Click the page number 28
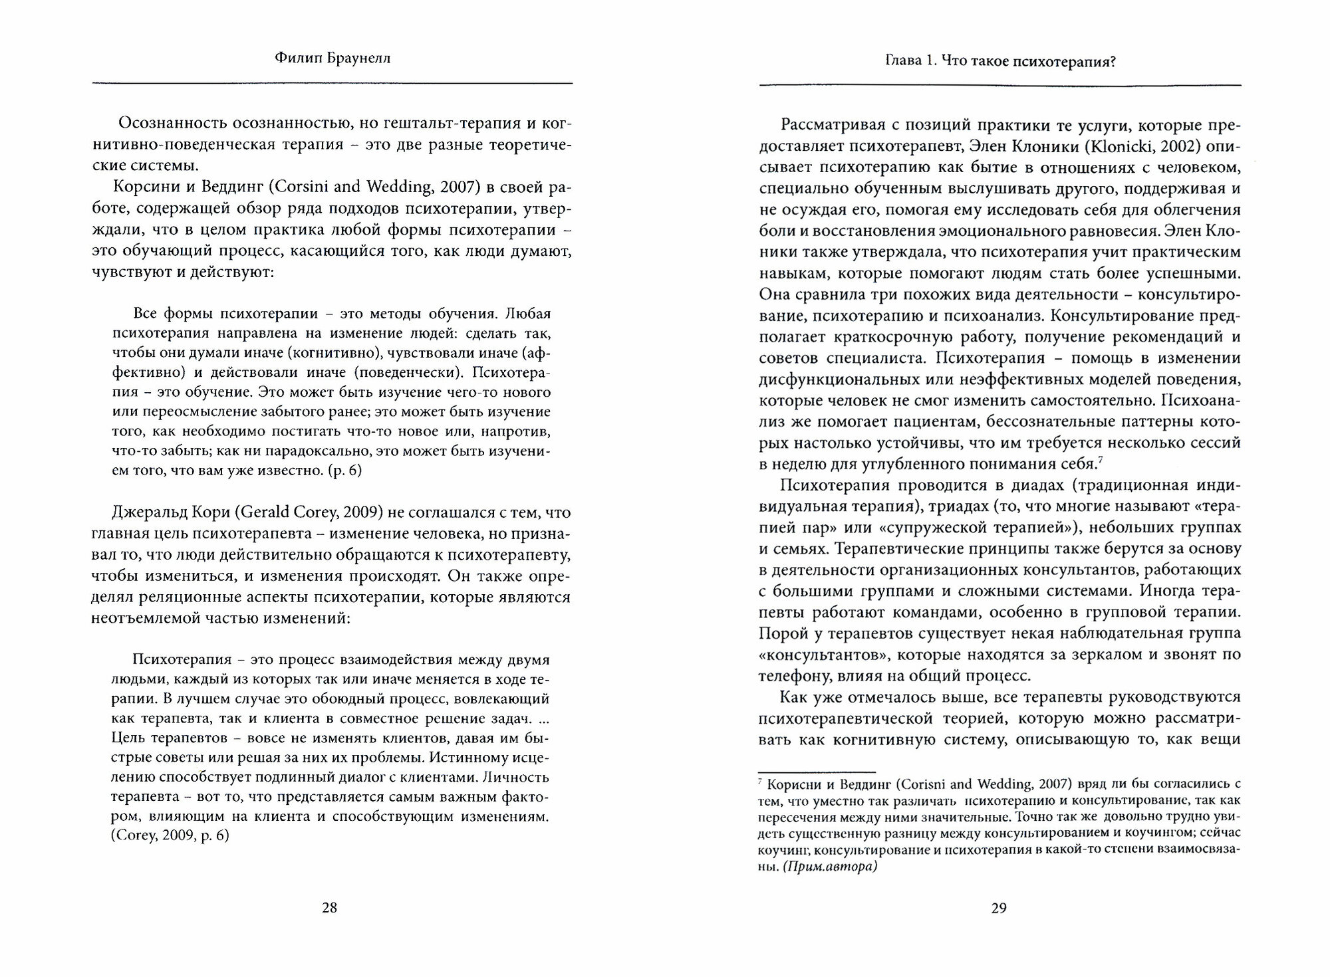pyautogui.click(x=329, y=908)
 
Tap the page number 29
pyautogui.click(x=999, y=908)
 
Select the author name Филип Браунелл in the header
pyautogui.click(x=332, y=58)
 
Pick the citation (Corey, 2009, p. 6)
pyautogui.click(x=170, y=835)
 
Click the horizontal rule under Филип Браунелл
pyautogui.click(x=332, y=83)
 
